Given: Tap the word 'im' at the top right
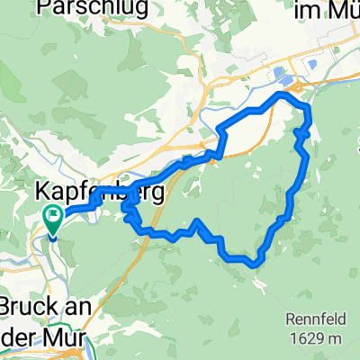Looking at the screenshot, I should tap(308, 11).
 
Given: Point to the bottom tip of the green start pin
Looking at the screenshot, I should tap(51, 238).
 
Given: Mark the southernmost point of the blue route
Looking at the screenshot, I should tap(256, 265).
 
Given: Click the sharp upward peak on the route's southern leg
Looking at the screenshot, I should tap(196, 220).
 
